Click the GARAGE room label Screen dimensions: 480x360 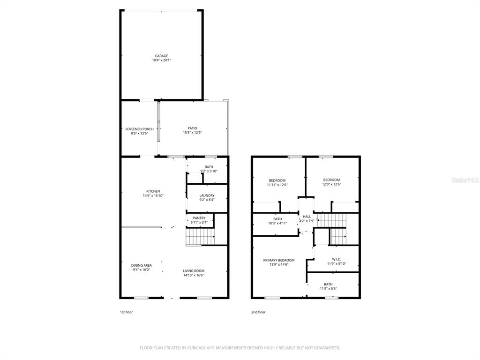(161, 56)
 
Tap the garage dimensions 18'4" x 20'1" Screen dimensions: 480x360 (161, 60)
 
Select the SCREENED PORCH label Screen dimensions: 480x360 (139, 129)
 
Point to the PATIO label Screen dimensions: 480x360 (192, 128)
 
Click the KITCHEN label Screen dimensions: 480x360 (153, 191)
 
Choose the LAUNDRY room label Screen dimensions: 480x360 (207, 195)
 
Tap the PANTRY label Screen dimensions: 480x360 (199, 218)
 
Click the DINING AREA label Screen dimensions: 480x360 (142, 265)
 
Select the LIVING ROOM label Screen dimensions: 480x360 (194, 270)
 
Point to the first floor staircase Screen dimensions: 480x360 (200, 237)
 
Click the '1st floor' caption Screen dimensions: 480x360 (126, 312)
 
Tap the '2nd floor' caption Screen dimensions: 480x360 (258, 312)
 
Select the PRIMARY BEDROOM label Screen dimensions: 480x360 (279, 260)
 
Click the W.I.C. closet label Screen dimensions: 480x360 (337, 259)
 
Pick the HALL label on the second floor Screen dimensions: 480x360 (307, 217)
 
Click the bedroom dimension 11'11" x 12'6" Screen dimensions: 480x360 (277, 185)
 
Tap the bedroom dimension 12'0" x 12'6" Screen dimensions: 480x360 (331, 184)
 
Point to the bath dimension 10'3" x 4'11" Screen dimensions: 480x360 (277, 223)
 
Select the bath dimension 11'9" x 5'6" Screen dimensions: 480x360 (328, 288)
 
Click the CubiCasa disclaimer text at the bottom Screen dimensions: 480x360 (240, 348)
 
